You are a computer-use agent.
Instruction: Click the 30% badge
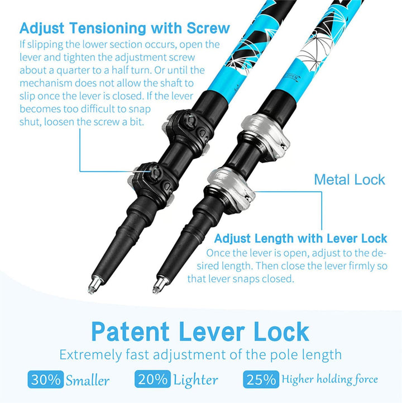point(46,379)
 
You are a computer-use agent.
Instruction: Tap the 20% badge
point(152,379)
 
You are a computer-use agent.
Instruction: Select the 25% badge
point(261,379)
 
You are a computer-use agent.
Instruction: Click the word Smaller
point(88,381)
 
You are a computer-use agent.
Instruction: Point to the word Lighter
point(195,381)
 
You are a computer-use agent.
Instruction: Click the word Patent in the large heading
point(130,332)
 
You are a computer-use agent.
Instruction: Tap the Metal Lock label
point(350,179)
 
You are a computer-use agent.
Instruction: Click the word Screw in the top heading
point(208,28)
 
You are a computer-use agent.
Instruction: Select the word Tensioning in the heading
point(108,29)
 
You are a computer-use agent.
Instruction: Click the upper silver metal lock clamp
point(266,135)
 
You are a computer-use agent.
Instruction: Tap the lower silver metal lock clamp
point(232,188)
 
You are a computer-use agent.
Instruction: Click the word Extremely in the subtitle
point(90,355)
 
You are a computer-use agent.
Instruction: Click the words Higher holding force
point(329,380)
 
